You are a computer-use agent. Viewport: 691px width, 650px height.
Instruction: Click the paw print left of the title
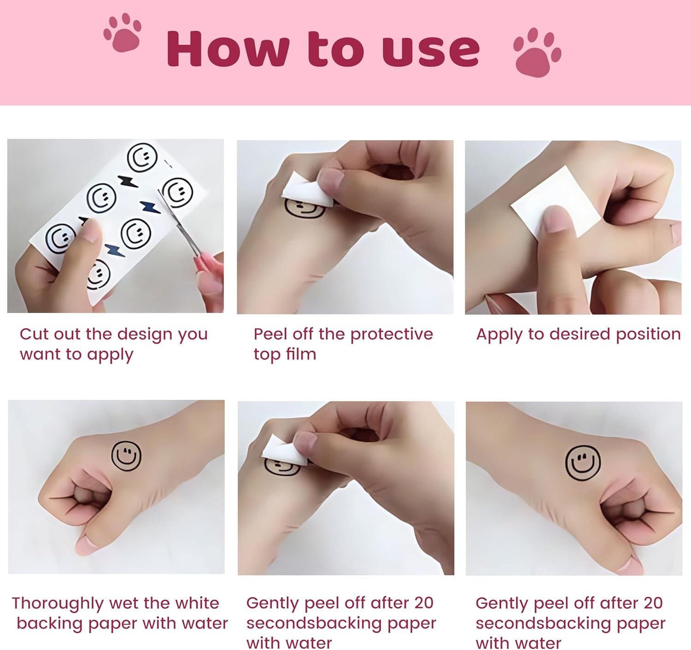(123, 33)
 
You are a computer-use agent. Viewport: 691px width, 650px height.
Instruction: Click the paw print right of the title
(537, 53)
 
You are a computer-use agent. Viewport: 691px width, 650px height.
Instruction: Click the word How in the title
(228, 49)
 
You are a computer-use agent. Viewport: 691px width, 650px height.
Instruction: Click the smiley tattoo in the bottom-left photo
(126, 456)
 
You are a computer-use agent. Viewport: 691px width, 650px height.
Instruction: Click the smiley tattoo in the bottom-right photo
(583, 463)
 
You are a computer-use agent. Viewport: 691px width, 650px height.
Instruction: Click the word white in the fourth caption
(197, 603)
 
